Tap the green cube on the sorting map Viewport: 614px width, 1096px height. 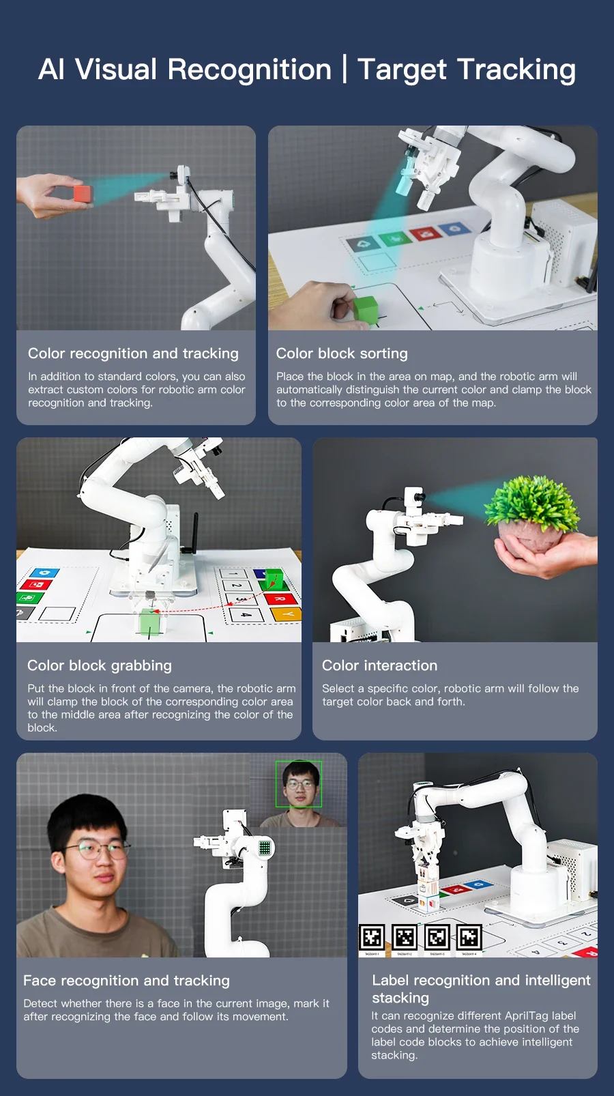click(366, 310)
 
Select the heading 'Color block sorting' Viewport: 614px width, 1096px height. click(342, 354)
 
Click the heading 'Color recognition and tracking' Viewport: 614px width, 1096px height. click(133, 354)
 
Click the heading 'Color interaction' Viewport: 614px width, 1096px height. click(379, 665)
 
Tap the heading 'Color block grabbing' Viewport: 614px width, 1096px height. click(100, 665)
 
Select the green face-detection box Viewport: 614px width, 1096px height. click(298, 784)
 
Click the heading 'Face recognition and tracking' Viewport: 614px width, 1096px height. click(126, 981)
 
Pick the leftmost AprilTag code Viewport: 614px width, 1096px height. click(372, 938)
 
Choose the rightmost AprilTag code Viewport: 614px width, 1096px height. click(469, 938)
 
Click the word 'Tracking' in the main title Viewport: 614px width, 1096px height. click(516, 70)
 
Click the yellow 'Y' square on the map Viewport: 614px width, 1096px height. click(287, 614)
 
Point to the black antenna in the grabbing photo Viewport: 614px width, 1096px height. click(194, 532)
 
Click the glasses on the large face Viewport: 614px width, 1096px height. click(98, 851)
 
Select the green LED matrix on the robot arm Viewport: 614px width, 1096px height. click(265, 848)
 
